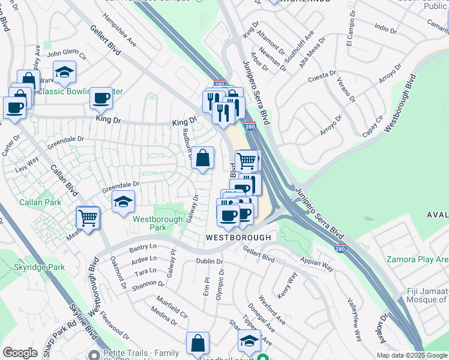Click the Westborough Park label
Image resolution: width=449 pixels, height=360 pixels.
[x=157, y=224]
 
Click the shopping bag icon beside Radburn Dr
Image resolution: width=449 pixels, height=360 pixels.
[x=203, y=158]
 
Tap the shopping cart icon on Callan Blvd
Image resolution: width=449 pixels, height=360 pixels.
[x=88, y=218]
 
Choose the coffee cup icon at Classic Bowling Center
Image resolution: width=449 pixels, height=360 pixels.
[x=101, y=98]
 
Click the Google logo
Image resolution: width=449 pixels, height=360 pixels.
[x=20, y=353]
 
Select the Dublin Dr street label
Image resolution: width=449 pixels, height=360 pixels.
[x=210, y=262]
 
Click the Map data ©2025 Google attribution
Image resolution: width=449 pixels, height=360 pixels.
[x=412, y=355]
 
